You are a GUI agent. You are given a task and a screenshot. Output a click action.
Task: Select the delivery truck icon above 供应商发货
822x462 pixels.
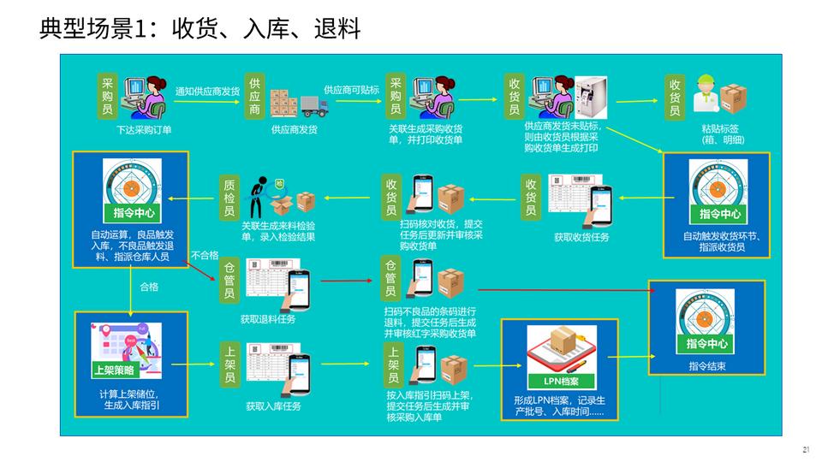point(313,106)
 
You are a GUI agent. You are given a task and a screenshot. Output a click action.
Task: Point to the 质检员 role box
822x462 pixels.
point(229,197)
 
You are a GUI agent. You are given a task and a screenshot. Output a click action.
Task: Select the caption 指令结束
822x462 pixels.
point(706,366)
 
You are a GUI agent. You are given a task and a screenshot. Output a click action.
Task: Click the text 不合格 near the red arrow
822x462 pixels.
point(205,255)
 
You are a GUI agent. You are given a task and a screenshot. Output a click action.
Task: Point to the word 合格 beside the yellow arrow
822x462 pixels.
point(148,287)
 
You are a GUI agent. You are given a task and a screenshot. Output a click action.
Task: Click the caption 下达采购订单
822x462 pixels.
point(144,130)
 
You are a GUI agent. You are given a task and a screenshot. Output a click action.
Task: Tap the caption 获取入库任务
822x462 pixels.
point(273,406)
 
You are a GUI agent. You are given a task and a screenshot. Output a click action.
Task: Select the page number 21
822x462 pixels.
point(806,450)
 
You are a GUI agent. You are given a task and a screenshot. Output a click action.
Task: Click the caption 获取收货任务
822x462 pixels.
point(581,237)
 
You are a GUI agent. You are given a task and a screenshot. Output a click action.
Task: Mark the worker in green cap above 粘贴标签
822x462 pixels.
point(705,95)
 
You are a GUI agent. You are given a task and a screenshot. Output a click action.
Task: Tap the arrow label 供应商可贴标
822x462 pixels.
point(351,89)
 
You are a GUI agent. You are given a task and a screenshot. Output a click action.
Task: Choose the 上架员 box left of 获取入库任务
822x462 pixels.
point(229,364)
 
